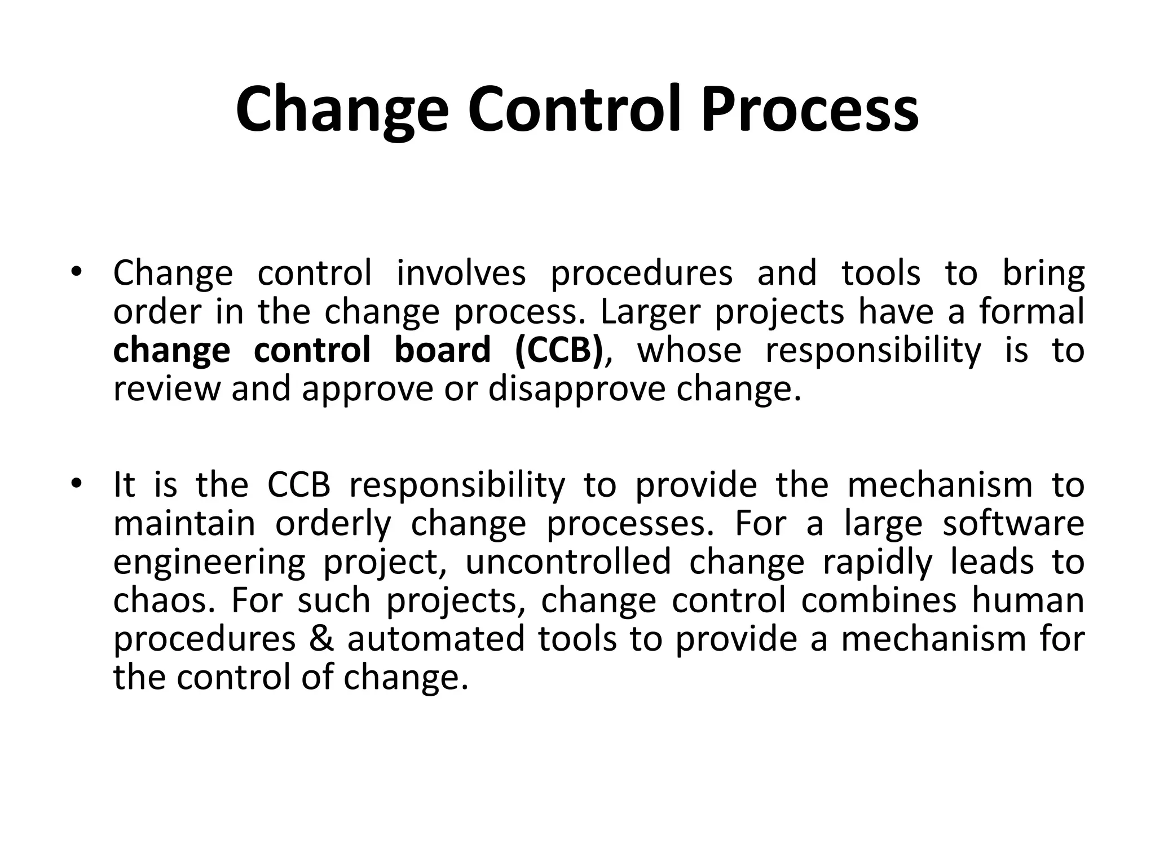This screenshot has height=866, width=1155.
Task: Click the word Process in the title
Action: click(809, 109)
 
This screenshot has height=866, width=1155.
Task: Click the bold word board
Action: click(442, 350)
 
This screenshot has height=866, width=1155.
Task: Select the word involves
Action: click(461, 273)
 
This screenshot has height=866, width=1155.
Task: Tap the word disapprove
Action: click(576, 389)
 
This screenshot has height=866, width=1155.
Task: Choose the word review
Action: click(166, 389)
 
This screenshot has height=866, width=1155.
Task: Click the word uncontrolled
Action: click(568, 562)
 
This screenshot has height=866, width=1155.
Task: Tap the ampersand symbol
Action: click(321, 639)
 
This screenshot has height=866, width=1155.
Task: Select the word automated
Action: click(436, 639)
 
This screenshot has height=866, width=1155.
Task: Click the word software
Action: click(1013, 523)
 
